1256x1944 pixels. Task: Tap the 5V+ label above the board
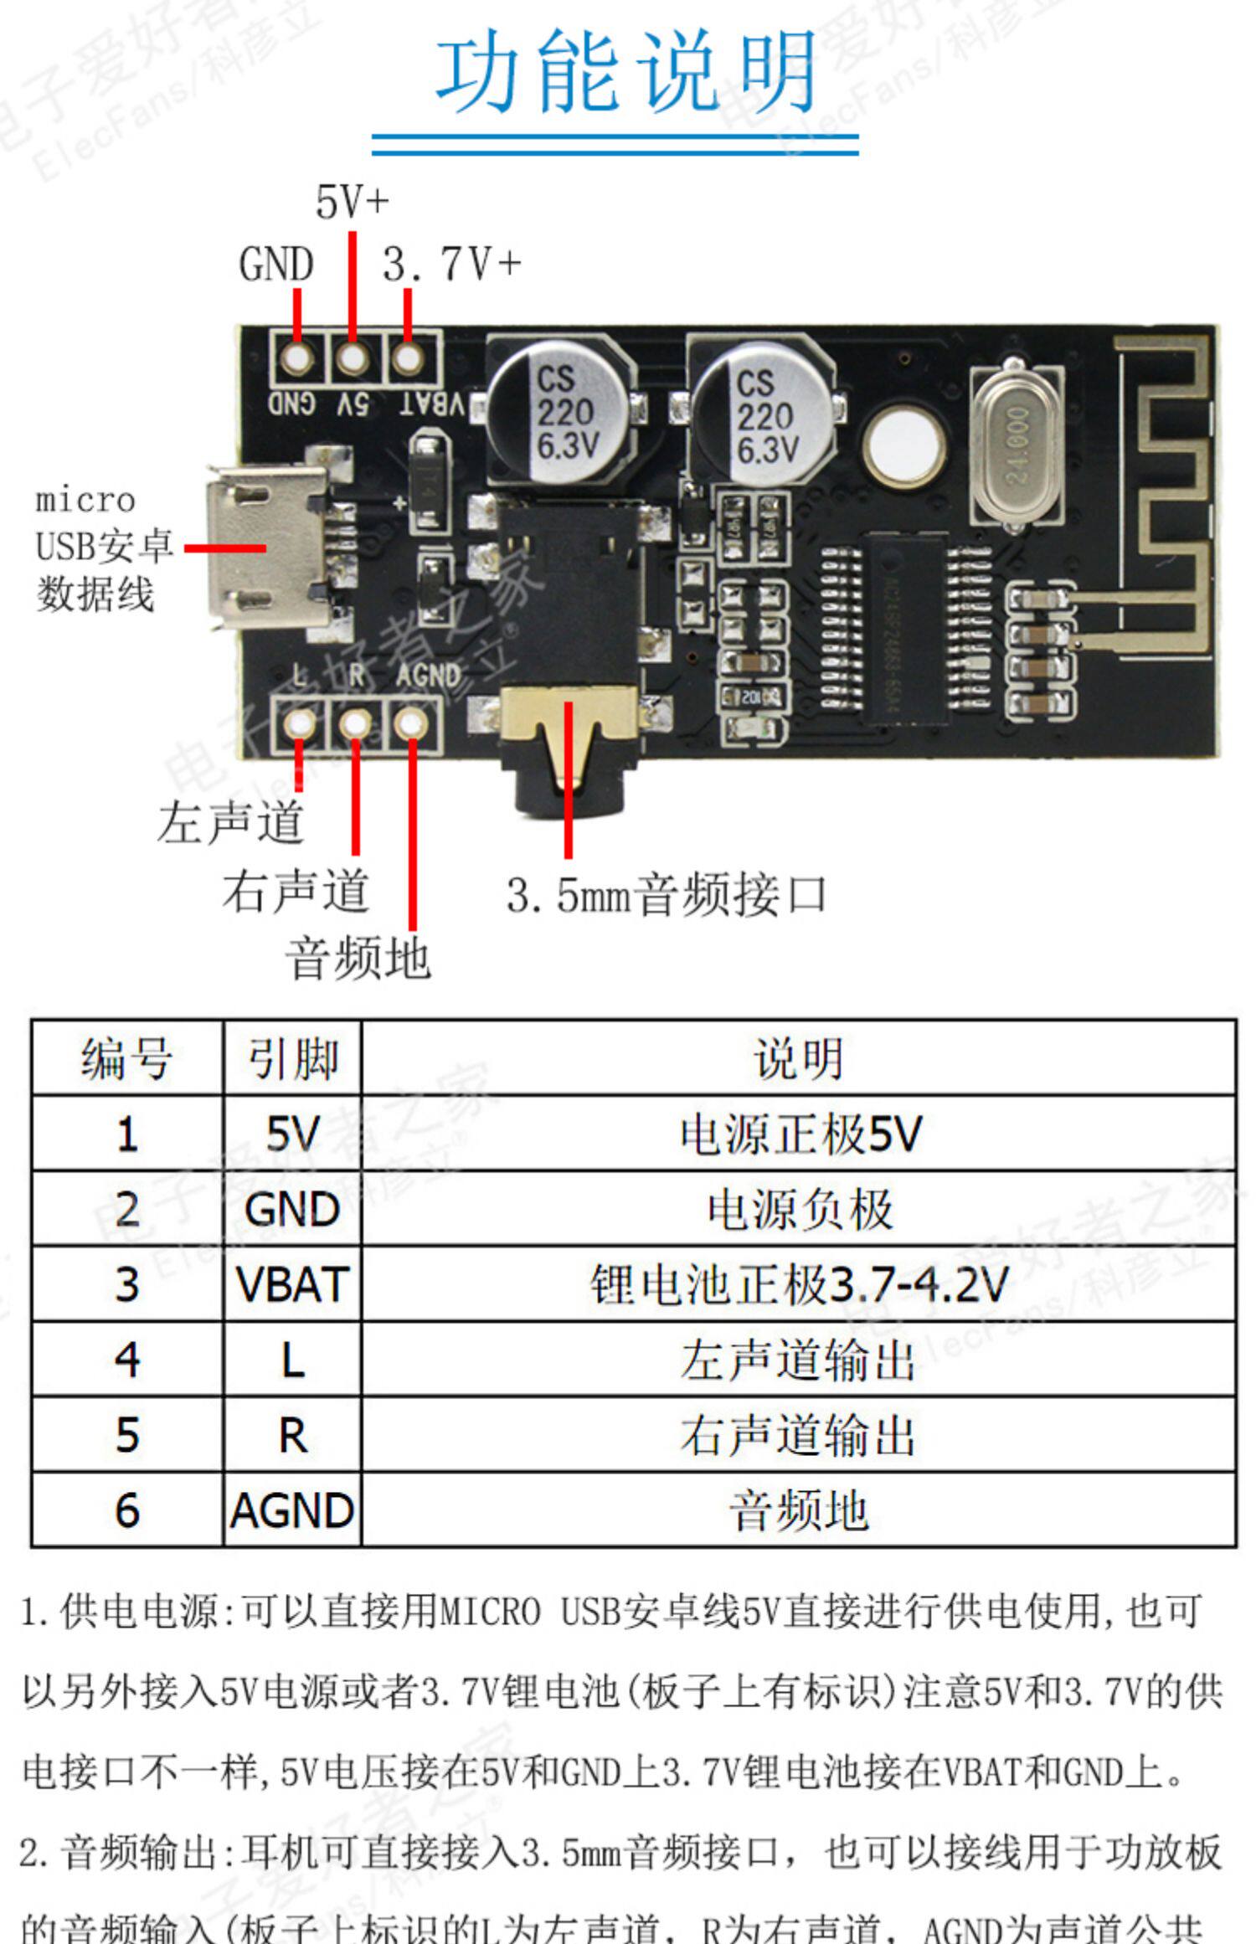pos(352,202)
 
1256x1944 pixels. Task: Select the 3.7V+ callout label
pos(451,264)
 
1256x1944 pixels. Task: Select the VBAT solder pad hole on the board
pos(408,359)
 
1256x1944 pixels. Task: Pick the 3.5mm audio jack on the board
pos(569,661)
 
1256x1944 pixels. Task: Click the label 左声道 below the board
pos(230,822)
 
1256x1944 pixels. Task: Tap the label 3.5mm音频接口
pos(666,895)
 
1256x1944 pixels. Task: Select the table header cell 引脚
pos(293,1058)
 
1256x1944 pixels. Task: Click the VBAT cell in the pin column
pos(293,1284)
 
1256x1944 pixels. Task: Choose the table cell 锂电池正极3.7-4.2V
pos(798,1284)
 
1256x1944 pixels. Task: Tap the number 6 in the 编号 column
pos(127,1509)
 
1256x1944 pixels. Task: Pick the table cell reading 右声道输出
pos(798,1434)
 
